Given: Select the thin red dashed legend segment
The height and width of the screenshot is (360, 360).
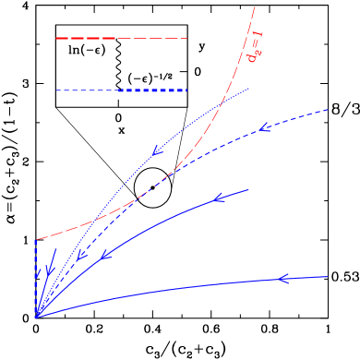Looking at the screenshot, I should (153, 39).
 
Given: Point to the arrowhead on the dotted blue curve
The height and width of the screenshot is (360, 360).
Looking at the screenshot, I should (159, 148).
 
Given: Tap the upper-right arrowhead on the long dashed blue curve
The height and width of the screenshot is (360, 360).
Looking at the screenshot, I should (266, 126).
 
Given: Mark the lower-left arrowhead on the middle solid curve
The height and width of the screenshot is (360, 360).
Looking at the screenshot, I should (106, 254).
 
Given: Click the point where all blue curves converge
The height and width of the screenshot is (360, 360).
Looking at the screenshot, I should (36, 318).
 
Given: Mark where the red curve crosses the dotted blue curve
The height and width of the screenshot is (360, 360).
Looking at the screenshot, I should (222, 102).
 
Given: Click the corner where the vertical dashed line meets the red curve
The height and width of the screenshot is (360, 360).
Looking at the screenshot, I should (36, 240).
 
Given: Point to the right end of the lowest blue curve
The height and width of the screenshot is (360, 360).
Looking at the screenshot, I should (328, 276).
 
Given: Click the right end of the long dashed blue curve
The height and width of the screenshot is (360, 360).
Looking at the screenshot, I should (329, 109).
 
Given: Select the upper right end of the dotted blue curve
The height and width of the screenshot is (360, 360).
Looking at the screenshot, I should (249, 89).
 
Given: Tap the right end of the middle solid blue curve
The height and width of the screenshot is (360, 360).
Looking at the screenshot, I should (248, 189).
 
